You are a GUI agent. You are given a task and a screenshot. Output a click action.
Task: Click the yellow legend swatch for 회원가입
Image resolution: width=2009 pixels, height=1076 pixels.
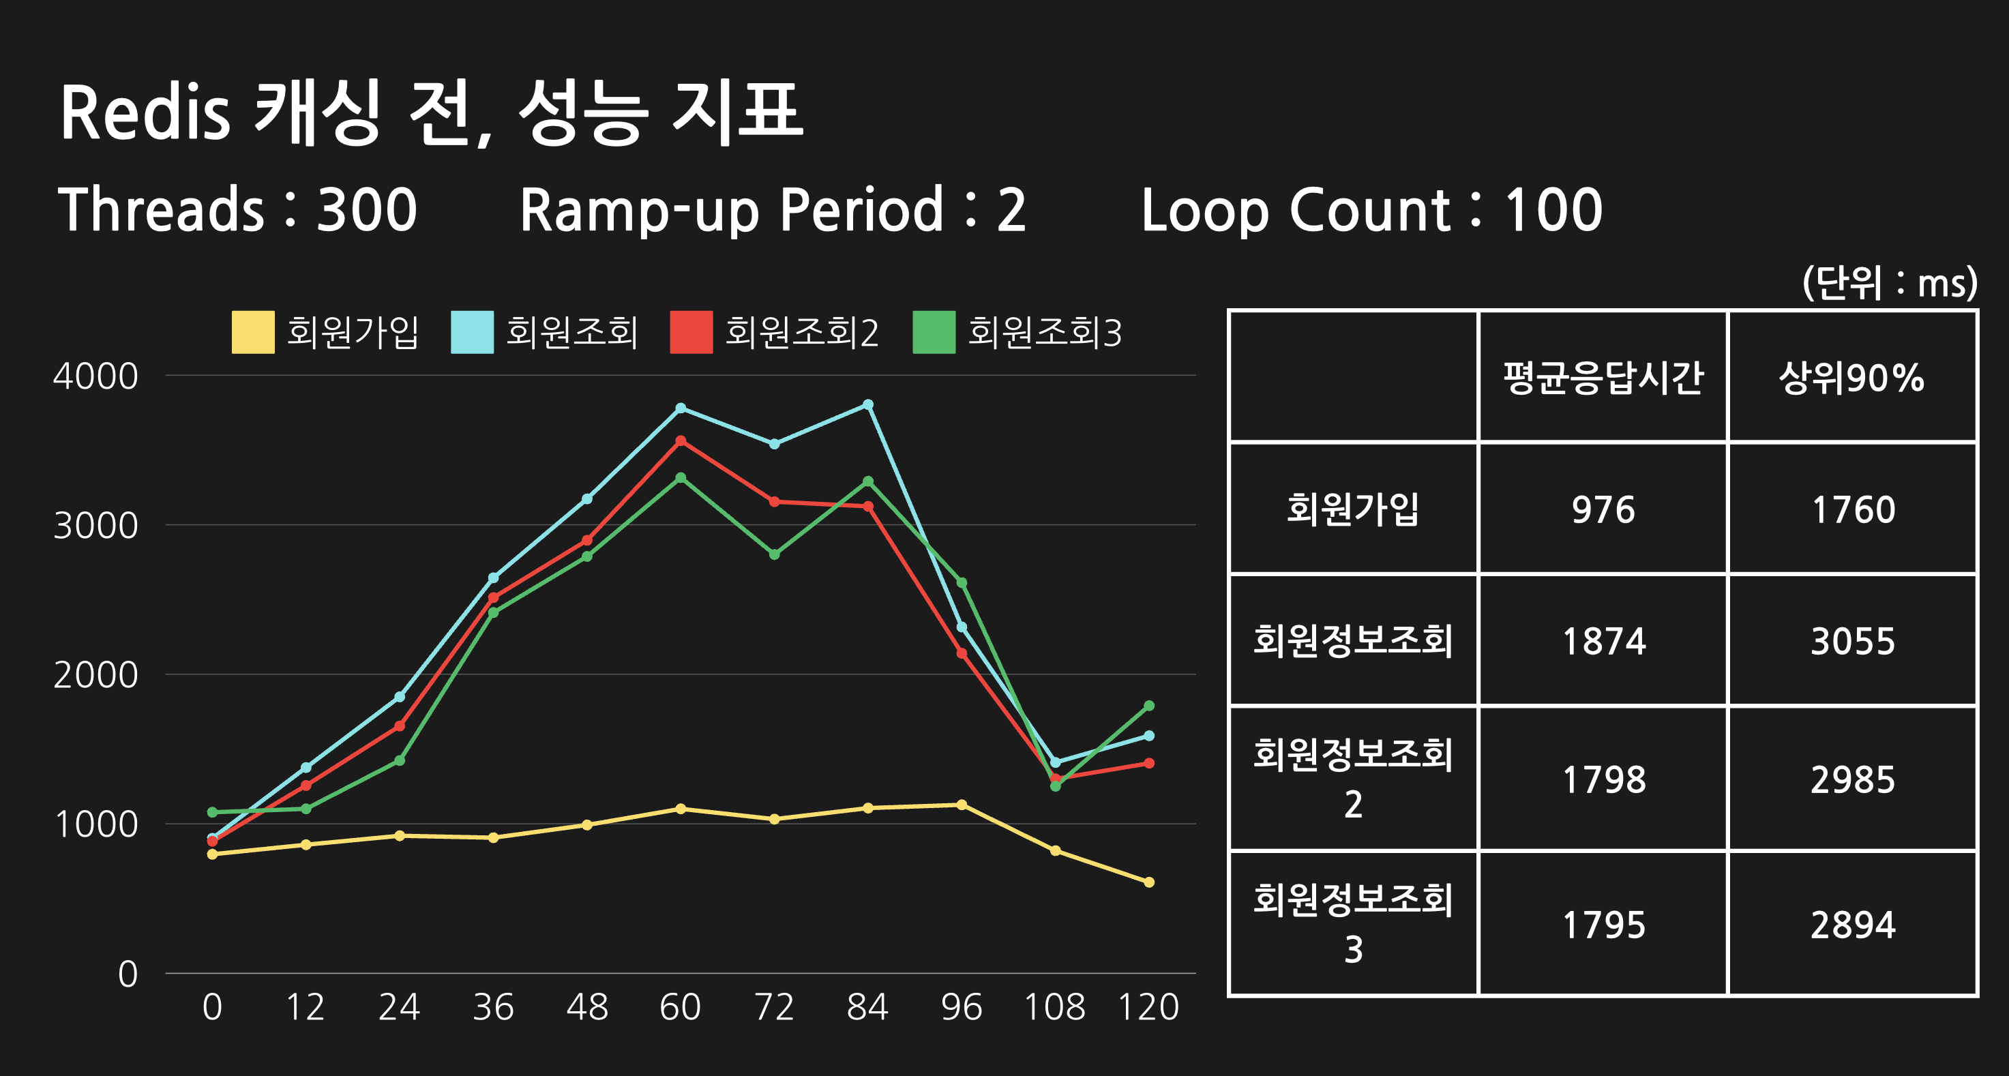[x=253, y=332]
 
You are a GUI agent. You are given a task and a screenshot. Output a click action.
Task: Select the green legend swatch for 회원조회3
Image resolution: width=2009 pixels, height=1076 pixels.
[x=934, y=332]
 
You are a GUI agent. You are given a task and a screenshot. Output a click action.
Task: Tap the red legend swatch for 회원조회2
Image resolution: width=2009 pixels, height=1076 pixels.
[x=691, y=332]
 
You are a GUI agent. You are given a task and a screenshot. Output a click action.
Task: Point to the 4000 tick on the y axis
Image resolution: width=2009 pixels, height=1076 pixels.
[x=95, y=376]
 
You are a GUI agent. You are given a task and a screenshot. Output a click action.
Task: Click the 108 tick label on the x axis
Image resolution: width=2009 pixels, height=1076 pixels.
[x=1054, y=1007]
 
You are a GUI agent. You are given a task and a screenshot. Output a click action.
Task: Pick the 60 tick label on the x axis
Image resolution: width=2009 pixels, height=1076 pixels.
[x=680, y=1007]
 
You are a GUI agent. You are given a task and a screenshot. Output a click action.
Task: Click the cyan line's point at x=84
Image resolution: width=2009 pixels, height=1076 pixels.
[x=868, y=404]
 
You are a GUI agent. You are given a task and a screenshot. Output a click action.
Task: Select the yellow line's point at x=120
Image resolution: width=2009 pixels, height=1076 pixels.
[x=1149, y=882]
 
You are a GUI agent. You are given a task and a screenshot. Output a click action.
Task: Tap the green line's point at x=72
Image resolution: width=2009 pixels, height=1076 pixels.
[x=775, y=554]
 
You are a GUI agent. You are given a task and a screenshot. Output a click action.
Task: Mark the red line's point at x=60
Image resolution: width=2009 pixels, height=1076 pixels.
[x=681, y=441]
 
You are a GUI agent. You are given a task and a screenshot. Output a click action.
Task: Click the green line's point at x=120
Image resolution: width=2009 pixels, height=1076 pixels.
[x=1149, y=706]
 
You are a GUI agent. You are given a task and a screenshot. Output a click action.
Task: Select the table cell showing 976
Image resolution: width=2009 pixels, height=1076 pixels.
[x=1603, y=510]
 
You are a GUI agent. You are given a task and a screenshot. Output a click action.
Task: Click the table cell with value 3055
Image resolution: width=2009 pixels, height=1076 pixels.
[x=1852, y=642]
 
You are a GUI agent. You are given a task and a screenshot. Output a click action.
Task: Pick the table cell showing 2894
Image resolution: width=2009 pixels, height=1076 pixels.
[x=1852, y=925]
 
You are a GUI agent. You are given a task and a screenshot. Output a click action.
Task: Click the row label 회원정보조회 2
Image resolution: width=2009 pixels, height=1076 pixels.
[x=1353, y=778]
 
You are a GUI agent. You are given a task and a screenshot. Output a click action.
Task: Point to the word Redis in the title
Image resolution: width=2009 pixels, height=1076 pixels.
[x=145, y=113]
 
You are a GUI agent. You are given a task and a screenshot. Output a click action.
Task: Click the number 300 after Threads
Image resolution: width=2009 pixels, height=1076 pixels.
[x=367, y=210]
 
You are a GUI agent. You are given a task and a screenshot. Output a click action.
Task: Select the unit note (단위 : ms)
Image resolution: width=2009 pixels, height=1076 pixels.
[x=1890, y=282]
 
